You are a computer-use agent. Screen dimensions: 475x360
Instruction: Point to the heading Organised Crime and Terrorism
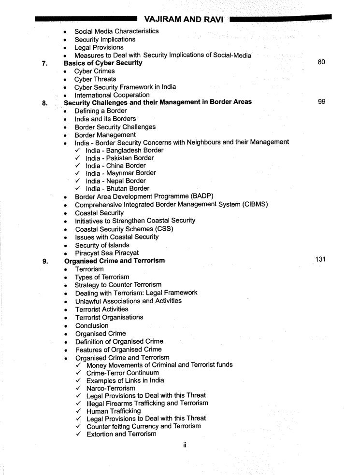[115, 261]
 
